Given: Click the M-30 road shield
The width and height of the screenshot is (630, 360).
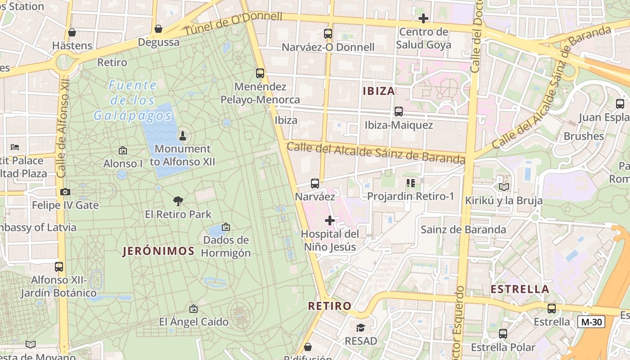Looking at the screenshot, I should (x=591, y=322).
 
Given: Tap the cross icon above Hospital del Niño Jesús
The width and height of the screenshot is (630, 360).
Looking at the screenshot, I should (x=330, y=220).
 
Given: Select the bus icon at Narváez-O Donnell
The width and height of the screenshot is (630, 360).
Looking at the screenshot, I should (x=328, y=34).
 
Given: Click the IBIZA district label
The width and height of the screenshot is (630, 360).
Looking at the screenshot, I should (x=378, y=91).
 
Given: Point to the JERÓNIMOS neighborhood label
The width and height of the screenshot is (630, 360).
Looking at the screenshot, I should (x=158, y=251).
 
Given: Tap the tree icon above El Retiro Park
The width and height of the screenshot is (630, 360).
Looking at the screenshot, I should (x=178, y=201).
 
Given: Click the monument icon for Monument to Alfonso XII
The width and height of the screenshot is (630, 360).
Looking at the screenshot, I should (x=183, y=135).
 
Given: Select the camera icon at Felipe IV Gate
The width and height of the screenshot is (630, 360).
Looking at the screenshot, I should (x=65, y=192).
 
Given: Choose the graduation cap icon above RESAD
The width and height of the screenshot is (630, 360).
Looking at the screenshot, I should (x=360, y=328).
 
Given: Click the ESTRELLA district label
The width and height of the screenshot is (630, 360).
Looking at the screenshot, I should (x=520, y=289).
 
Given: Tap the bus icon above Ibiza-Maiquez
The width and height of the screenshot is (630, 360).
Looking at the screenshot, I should (x=398, y=112).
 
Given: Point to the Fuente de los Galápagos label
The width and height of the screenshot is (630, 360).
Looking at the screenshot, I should (x=133, y=100).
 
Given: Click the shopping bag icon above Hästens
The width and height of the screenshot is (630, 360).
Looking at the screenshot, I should (x=72, y=32).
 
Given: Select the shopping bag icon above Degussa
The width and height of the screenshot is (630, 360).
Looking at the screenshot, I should (x=158, y=29).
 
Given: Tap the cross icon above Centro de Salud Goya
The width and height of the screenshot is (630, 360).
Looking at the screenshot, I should (x=423, y=18).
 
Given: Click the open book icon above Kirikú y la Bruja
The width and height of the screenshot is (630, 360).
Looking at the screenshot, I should (x=504, y=187).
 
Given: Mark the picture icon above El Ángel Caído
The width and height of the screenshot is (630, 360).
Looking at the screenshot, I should (x=193, y=309).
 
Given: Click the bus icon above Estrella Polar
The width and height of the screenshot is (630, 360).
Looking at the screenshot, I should (x=503, y=334).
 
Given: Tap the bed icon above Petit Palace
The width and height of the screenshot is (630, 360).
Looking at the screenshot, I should (x=15, y=147).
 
